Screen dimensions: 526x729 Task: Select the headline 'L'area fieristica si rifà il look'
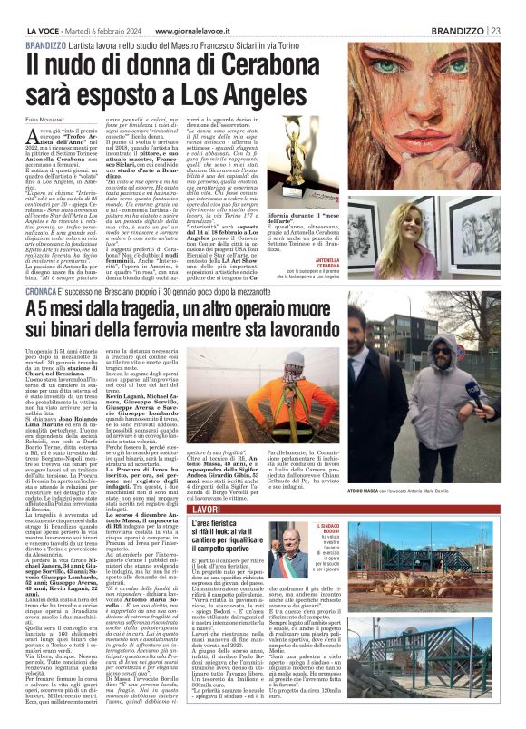point(237,539)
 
